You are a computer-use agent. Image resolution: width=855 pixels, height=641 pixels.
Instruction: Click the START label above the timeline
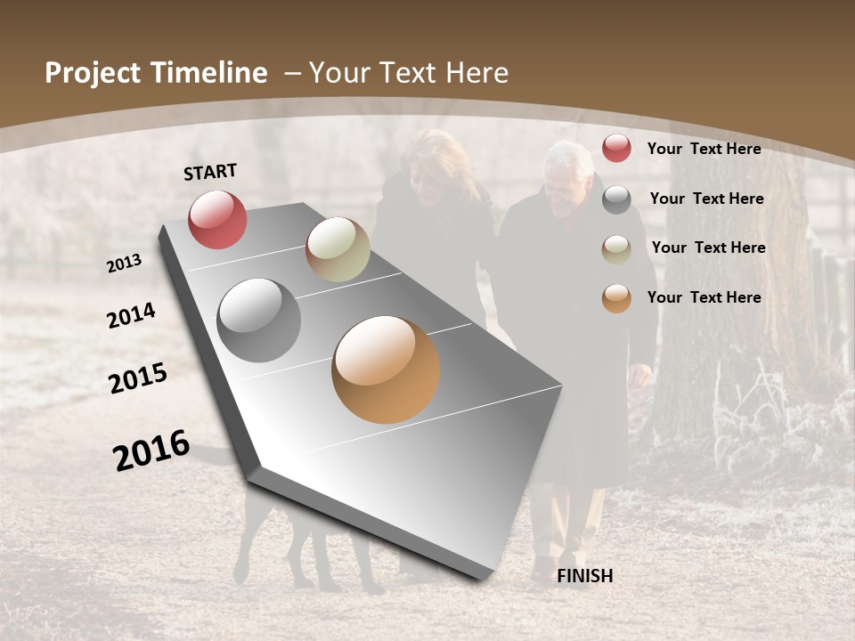[210, 172]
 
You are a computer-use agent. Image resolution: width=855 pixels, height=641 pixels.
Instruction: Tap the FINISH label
[585, 576]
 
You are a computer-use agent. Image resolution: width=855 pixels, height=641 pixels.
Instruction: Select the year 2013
[124, 264]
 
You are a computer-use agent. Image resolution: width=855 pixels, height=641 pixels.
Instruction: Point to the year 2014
[131, 315]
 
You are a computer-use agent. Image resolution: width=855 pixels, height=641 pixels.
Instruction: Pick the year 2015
[138, 378]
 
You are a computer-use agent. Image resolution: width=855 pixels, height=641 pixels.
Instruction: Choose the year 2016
[151, 450]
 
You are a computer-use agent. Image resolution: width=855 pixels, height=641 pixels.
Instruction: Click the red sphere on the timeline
[217, 219]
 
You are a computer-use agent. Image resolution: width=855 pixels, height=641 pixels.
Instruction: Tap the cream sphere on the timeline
[338, 249]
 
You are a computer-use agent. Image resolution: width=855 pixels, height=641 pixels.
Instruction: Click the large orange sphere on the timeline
[386, 369]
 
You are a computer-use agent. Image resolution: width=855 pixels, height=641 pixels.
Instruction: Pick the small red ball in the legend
[616, 148]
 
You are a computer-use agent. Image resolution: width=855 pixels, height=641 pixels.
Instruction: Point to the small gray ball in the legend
[616, 199]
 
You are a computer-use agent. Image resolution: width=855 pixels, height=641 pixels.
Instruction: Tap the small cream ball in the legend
[616, 249]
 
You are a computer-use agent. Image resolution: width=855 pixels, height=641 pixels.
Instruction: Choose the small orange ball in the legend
[616, 298]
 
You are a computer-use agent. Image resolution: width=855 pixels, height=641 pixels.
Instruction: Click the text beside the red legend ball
[704, 149]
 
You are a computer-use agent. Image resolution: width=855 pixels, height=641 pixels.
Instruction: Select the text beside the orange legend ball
[704, 297]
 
